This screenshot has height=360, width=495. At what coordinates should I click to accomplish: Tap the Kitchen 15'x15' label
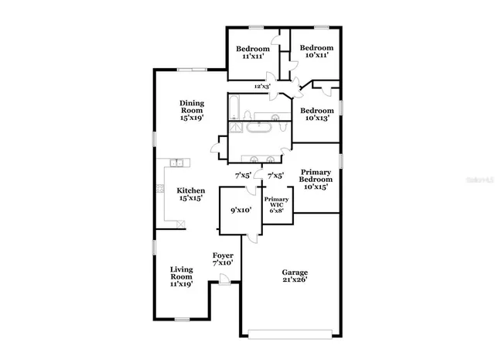[191, 194]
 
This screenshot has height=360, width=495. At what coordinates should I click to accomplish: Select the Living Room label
[181, 276]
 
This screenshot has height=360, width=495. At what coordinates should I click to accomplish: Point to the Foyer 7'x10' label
[223, 259]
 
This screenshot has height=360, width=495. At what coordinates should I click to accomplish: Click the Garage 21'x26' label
[295, 276]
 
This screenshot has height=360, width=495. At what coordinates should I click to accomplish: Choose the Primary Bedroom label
[315, 179]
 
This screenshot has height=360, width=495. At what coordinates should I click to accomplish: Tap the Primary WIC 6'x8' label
[276, 204]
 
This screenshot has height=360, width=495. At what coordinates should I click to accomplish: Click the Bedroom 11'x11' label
[253, 53]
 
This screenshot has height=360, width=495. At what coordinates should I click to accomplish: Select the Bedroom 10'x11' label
[316, 50]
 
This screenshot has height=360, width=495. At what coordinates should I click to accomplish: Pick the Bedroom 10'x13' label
[316, 115]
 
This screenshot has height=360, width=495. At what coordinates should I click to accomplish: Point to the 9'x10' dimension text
[241, 210]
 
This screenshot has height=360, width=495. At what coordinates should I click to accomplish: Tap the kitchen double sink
[177, 163]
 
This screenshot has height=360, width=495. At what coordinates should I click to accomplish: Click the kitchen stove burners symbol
[161, 188]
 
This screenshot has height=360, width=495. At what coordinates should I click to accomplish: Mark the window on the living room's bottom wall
[183, 319]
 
